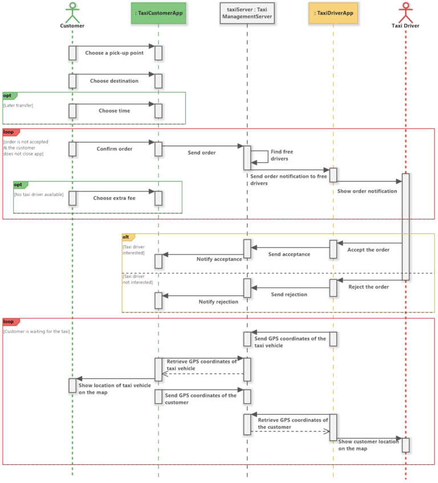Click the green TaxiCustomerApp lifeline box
159,13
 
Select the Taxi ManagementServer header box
247,13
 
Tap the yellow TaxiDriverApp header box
333,13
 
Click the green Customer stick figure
72,12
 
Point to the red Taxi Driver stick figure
405,12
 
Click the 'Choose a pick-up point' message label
114,53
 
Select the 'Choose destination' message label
114,81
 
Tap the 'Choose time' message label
114,111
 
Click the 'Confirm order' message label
114,149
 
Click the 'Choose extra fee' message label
114,198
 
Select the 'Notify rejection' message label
218,301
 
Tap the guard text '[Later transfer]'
18,105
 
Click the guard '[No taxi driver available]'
39,194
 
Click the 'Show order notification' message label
367,191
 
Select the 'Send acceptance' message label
289,254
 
